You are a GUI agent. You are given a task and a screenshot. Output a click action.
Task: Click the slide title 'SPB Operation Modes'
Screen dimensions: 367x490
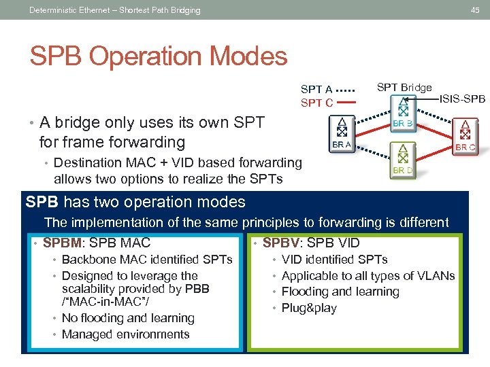point(158,56)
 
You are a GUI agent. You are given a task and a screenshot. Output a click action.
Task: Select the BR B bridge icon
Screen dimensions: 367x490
point(402,111)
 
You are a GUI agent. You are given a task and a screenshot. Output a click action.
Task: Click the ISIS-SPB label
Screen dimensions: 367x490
point(462,99)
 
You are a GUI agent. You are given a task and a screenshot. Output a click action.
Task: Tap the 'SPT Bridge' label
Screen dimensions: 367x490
point(404,87)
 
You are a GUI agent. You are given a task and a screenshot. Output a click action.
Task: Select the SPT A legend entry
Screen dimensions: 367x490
point(316,89)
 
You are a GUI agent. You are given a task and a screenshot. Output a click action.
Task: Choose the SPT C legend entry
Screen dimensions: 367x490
point(316,103)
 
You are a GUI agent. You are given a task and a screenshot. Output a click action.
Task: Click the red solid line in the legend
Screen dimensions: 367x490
point(346,103)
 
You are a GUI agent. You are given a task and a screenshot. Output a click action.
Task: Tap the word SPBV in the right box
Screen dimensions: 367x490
point(282,243)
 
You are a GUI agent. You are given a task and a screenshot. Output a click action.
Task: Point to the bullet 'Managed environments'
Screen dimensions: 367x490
point(125,334)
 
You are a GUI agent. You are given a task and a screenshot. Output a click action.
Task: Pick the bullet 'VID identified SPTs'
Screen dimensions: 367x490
point(334,259)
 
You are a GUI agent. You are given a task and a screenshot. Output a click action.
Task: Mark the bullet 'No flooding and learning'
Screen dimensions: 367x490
point(128,317)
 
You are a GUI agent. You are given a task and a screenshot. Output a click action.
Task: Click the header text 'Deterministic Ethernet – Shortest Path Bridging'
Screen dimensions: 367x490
point(115,10)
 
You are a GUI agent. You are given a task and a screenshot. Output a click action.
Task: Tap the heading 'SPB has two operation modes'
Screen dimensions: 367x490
point(135,202)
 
